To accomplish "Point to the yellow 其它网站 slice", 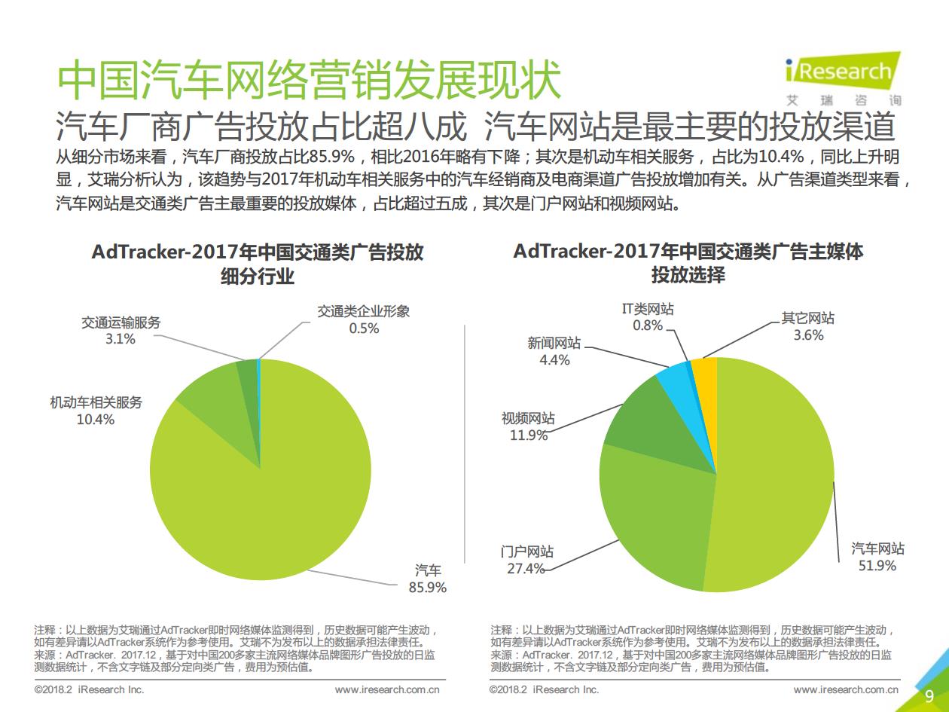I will tap(705, 377).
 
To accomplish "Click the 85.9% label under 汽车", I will tap(428, 587).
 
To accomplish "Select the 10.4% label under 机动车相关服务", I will tap(96, 420).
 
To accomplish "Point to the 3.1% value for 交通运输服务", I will tap(121, 340).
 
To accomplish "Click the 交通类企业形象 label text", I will tap(364, 311).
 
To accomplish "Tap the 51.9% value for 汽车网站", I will tap(877, 565).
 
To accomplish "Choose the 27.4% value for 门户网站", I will tap(526, 569).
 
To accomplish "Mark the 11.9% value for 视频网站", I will tap(528, 435).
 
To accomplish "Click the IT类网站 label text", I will tap(648, 309).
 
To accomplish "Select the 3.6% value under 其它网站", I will tap(808, 335).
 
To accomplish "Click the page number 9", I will tap(929, 695).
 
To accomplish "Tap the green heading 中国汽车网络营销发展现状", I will tap(310, 80).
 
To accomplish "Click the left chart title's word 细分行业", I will tap(257, 277).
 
